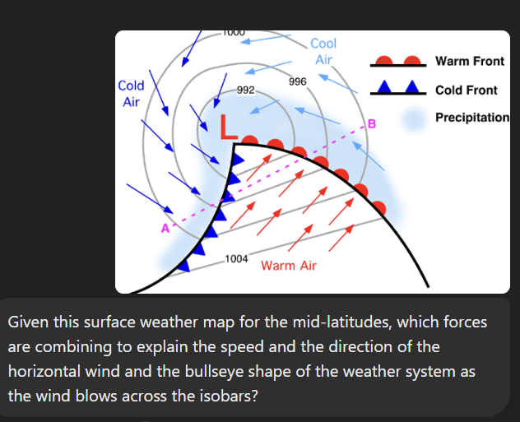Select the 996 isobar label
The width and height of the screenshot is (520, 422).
point(298,81)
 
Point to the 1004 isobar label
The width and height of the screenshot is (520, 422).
point(236,259)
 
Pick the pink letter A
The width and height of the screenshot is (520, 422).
point(165,228)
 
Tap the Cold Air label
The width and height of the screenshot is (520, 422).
point(131,94)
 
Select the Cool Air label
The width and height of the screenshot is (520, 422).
point(323,51)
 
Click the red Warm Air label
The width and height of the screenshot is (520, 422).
point(288,266)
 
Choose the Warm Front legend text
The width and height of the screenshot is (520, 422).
point(469,62)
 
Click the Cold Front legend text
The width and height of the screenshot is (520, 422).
point(467,90)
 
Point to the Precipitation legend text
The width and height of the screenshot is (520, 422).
point(472,118)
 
